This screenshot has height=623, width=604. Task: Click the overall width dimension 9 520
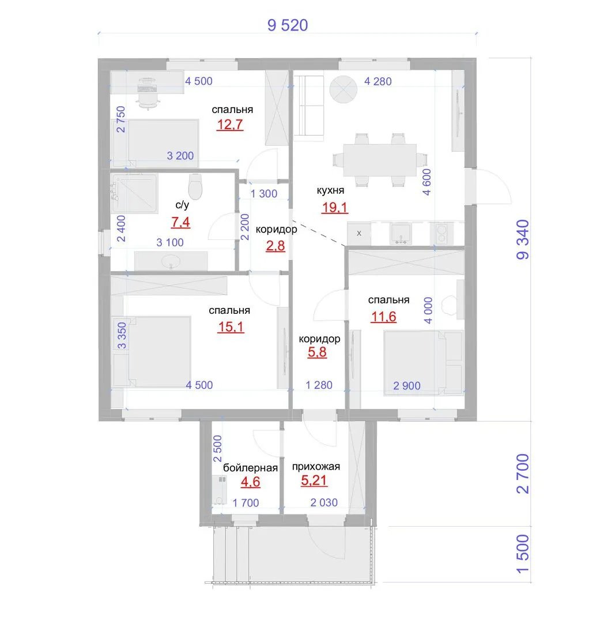tap(288, 25)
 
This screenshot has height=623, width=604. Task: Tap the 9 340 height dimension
tap(523, 239)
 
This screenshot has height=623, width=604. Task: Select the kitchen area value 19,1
tap(334, 208)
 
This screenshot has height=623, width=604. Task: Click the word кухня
tap(330, 190)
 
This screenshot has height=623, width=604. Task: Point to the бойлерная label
tap(250, 468)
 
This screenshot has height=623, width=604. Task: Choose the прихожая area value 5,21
tap(314, 481)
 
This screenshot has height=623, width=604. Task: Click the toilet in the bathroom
tap(195, 186)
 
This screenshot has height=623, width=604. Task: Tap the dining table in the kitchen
tap(380, 160)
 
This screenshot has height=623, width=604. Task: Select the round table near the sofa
tap(343, 89)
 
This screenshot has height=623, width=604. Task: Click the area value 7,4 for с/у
tap(180, 222)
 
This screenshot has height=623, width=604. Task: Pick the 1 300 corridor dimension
tap(264, 193)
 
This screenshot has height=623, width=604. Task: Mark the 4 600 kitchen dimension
tap(426, 182)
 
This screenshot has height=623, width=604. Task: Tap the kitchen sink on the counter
tap(401, 234)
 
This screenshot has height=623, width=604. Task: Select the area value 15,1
tap(231, 327)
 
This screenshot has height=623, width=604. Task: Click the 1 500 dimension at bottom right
tap(523, 554)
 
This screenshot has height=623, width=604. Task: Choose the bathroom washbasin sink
tap(171, 261)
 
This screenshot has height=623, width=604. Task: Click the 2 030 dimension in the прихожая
tap(324, 502)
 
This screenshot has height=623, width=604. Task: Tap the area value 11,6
tap(383, 317)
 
